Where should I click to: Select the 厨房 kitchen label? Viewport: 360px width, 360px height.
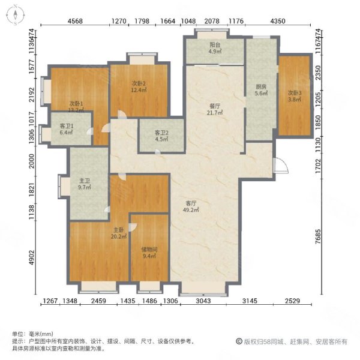[x=260, y=91]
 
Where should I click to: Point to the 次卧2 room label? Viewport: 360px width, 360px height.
[x=139, y=86]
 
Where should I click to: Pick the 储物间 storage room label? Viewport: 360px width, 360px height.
[x=149, y=252]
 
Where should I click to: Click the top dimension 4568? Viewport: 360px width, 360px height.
[x=75, y=22]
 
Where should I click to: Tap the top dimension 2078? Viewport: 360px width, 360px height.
[x=212, y=22]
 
